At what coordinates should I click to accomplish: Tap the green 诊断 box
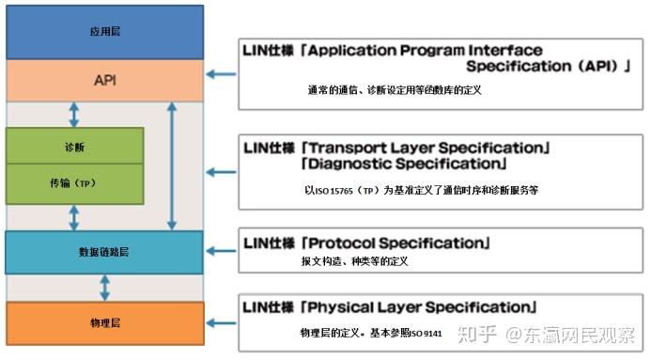(74, 148)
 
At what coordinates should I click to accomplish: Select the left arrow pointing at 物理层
(221, 322)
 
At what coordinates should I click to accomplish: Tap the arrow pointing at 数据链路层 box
(221, 252)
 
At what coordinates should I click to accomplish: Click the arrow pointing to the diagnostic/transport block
(221, 172)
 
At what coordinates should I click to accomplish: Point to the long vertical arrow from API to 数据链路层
(171, 166)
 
